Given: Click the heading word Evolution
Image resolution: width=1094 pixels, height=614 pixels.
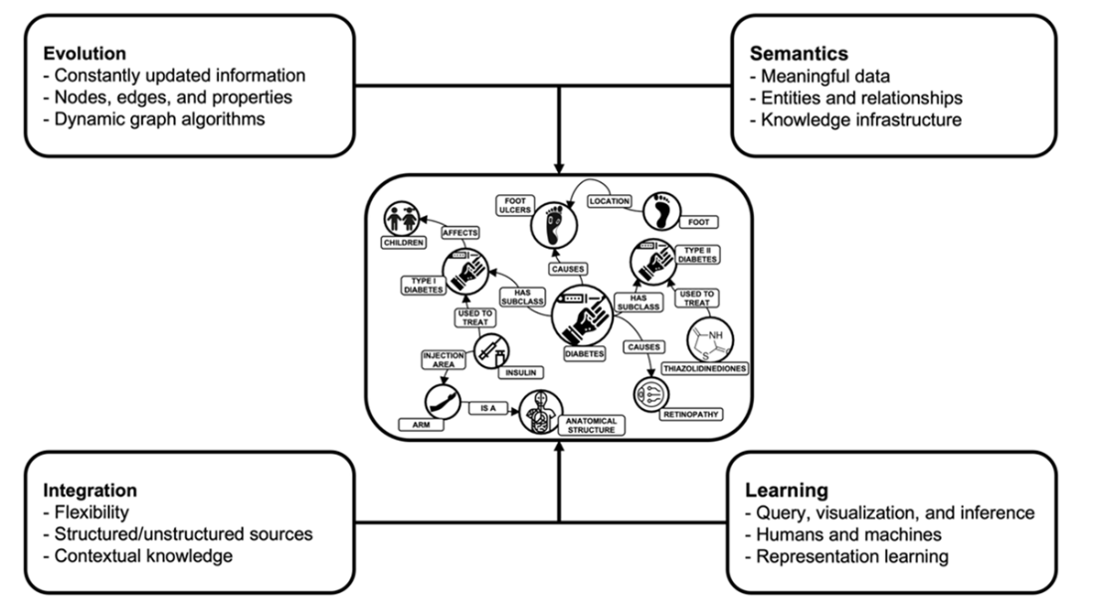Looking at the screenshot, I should pos(84,53).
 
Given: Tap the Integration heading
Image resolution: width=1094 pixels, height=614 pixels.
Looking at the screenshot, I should pos(90,491).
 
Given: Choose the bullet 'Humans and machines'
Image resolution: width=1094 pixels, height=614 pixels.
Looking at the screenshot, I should pos(841,534).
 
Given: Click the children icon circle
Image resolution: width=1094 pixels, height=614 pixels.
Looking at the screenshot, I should pos(408,218).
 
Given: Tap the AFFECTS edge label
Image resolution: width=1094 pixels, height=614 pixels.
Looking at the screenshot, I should pos(460,232).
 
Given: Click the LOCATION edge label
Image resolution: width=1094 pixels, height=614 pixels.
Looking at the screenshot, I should pos(610,201).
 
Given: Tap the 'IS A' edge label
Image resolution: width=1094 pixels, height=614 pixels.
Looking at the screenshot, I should pos(486,408).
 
